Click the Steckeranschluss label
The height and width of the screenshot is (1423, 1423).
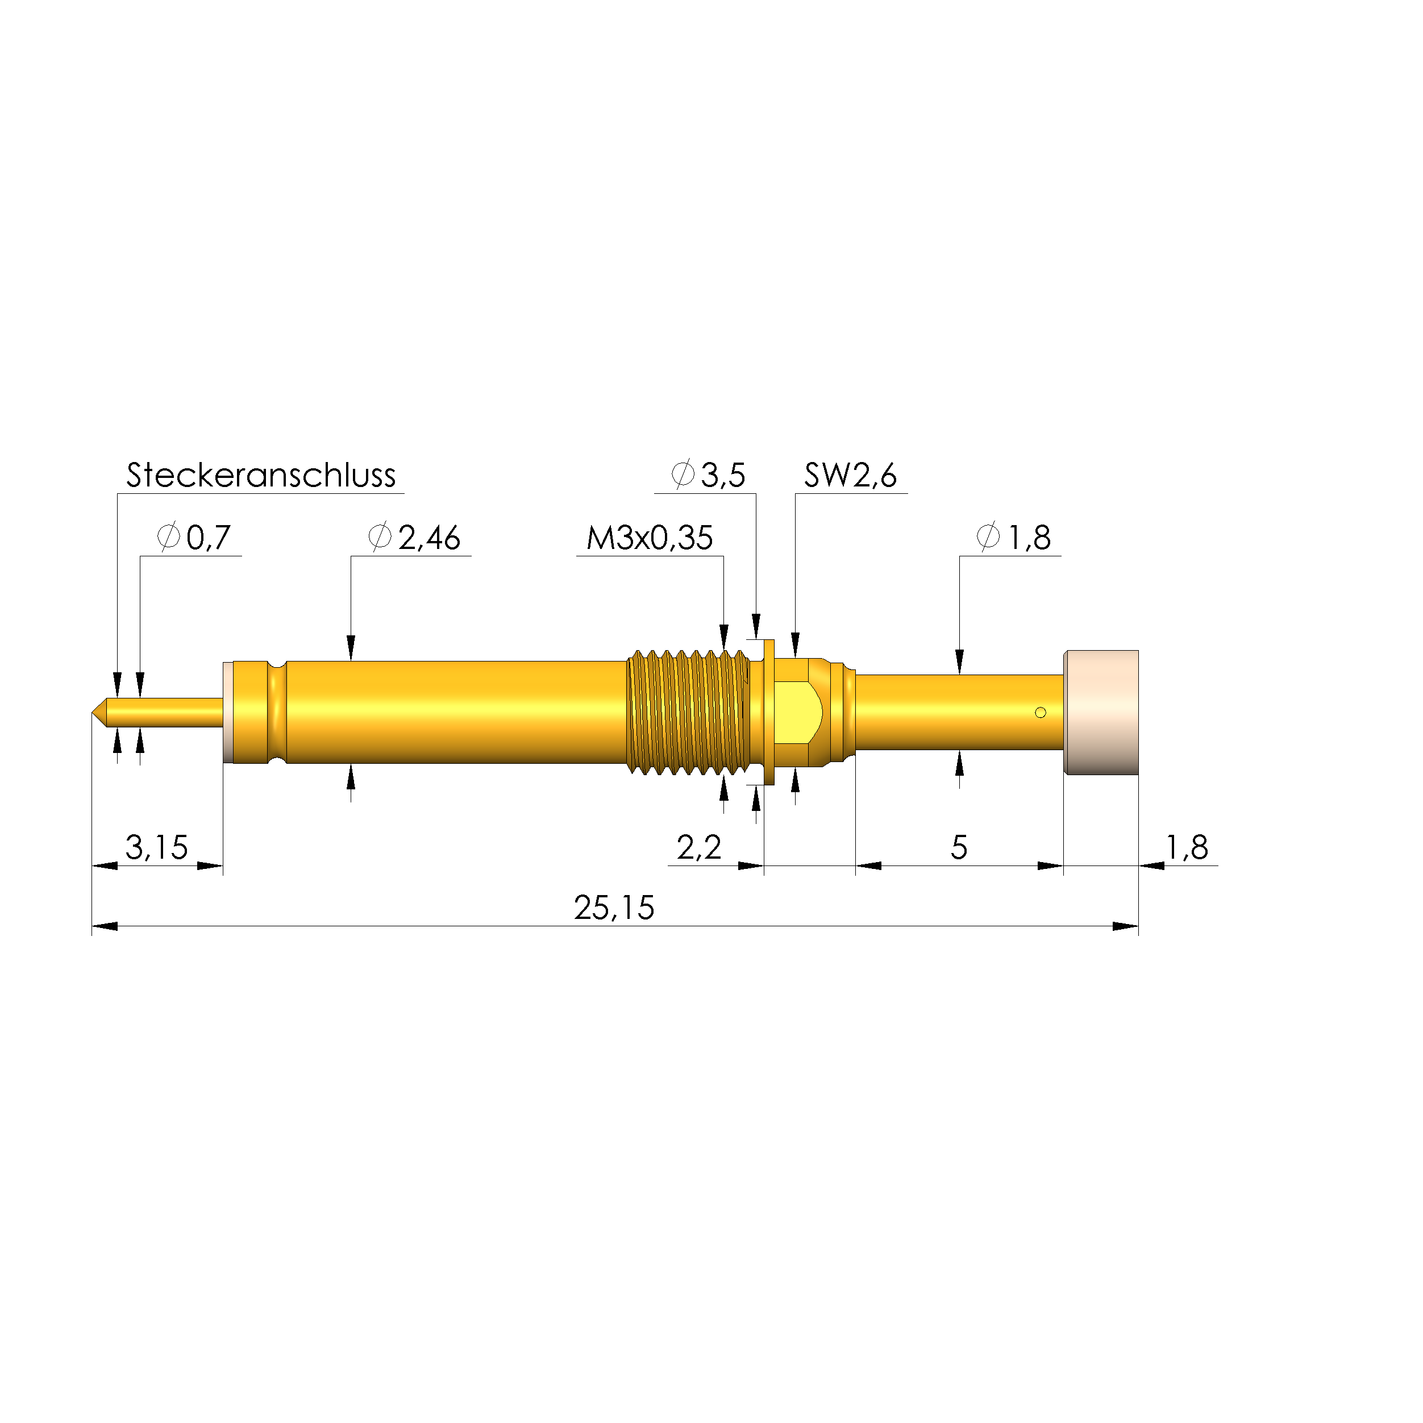261,476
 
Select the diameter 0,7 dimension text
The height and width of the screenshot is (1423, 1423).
195,538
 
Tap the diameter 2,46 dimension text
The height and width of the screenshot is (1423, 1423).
415,538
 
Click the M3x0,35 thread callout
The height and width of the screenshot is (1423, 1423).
649,538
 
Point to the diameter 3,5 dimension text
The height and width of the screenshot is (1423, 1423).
709,476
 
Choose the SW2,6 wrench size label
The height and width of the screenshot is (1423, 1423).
850,476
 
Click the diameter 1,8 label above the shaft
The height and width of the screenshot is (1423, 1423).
1014,538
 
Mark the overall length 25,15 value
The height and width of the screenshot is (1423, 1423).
614,908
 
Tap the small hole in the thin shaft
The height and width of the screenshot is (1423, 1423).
1040,712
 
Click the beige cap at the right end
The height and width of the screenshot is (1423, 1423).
1101,712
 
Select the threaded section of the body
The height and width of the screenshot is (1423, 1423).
686,712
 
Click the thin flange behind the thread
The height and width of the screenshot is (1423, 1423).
769,712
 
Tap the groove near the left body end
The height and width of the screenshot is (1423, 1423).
277,712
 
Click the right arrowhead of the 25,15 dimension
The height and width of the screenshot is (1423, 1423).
1125,926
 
